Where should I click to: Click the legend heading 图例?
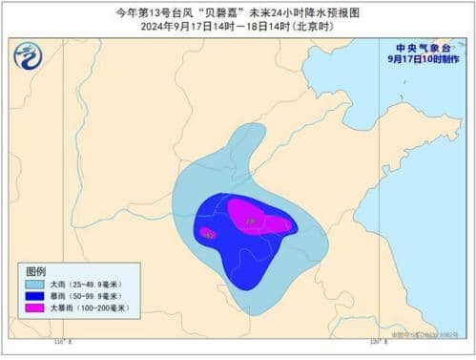[x=35, y=271]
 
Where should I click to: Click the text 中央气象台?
[x=422, y=45]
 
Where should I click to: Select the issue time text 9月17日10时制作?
[x=422, y=57]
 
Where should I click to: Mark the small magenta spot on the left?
[x=207, y=232]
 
